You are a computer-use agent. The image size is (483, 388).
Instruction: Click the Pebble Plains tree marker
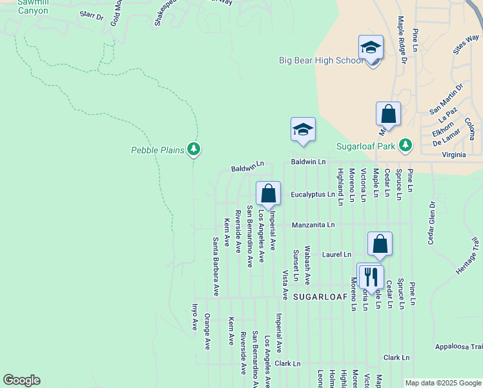(x=194, y=149)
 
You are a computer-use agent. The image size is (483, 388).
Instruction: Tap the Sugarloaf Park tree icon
(x=406, y=145)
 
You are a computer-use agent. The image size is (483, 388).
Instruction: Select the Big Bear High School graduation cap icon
(x=371, y=48)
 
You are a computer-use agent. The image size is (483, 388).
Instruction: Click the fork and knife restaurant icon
(x=371, y=276)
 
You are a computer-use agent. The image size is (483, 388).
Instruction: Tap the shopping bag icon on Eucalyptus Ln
(x=268, y=193)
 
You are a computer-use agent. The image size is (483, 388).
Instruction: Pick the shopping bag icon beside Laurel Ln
(x=380, y=244)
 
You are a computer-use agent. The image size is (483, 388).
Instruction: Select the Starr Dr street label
(x=91, y=16)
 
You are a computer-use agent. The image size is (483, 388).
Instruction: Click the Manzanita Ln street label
(x=313, y=225)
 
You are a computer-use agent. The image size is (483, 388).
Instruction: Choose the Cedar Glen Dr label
(x=431, y=222)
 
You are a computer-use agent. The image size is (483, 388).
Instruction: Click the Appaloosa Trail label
(x=458, y=347)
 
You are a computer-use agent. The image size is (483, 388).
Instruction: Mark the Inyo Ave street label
(x=194, y=317)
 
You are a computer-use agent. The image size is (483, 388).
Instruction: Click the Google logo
(x=21, y=380)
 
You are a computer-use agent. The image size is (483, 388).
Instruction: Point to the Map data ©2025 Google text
(x=442, y=383)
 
